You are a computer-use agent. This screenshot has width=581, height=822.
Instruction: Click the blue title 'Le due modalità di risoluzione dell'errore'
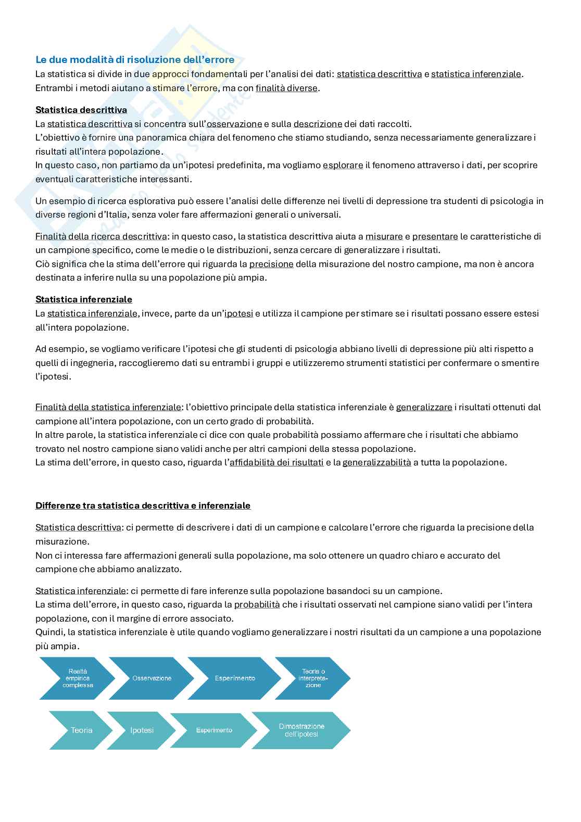(135, 60)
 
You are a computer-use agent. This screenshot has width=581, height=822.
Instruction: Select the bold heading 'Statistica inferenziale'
(83, 299)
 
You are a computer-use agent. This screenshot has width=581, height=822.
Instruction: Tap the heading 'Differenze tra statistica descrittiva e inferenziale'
(143, 505)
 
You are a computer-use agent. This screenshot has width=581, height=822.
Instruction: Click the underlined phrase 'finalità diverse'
(286, 88)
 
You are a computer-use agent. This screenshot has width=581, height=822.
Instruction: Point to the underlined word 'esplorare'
(343, 165)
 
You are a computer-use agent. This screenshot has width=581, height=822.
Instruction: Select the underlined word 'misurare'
(384, 236)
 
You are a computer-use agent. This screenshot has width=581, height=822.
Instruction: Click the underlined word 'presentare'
(435, 236)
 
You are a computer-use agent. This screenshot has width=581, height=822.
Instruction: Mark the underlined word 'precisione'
(271, 264)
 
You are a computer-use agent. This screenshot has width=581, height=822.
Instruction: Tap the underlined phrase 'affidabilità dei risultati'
(276, 462)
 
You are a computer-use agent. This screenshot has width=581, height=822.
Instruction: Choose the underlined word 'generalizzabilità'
(376, 462)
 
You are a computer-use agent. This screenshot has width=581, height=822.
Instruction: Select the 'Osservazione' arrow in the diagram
(151, 678)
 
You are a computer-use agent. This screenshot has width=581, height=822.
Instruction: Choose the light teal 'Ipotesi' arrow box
(142, 730)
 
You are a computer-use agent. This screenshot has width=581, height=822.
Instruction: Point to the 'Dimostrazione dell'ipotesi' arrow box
(301, 730)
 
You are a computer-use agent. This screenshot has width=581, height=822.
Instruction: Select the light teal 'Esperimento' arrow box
(214, 730)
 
